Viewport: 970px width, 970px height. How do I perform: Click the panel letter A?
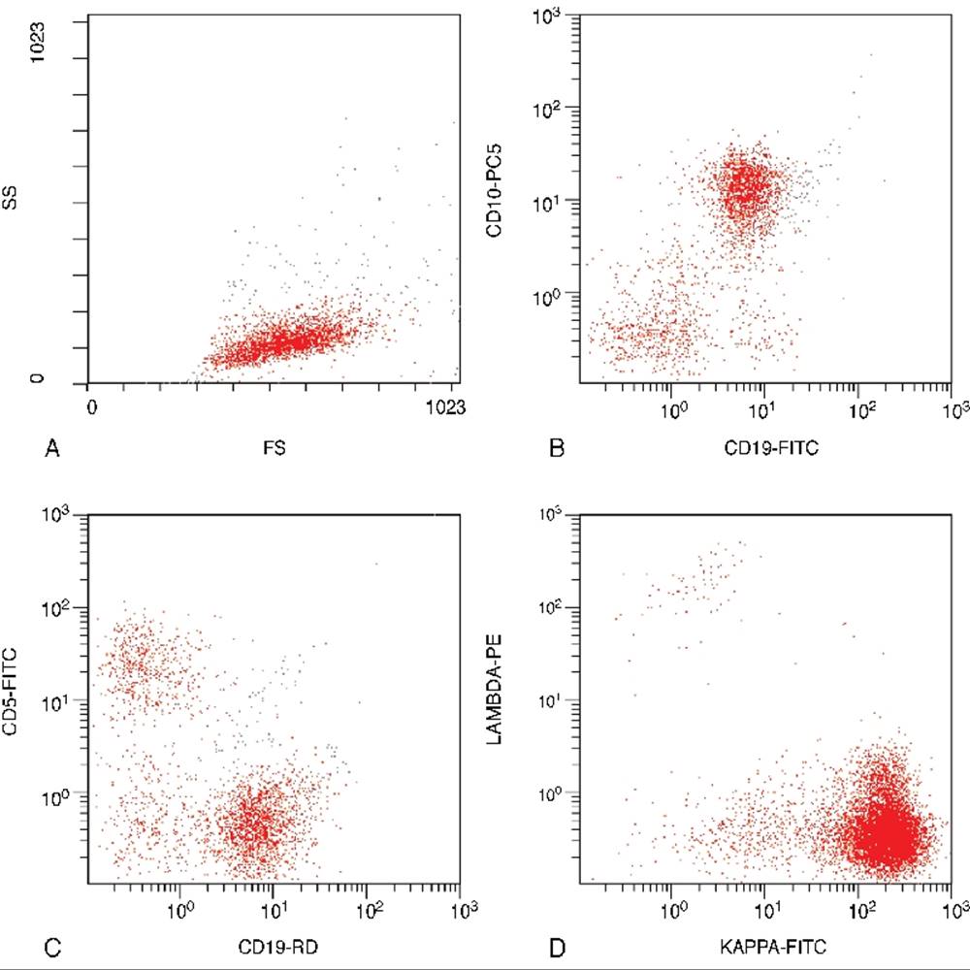(x=52, y=449)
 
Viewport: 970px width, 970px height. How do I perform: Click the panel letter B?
(x=557, y=449)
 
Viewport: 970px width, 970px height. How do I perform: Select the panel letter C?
(x=52, y=940)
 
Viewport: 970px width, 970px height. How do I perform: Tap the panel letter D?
(x=557, y=940)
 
